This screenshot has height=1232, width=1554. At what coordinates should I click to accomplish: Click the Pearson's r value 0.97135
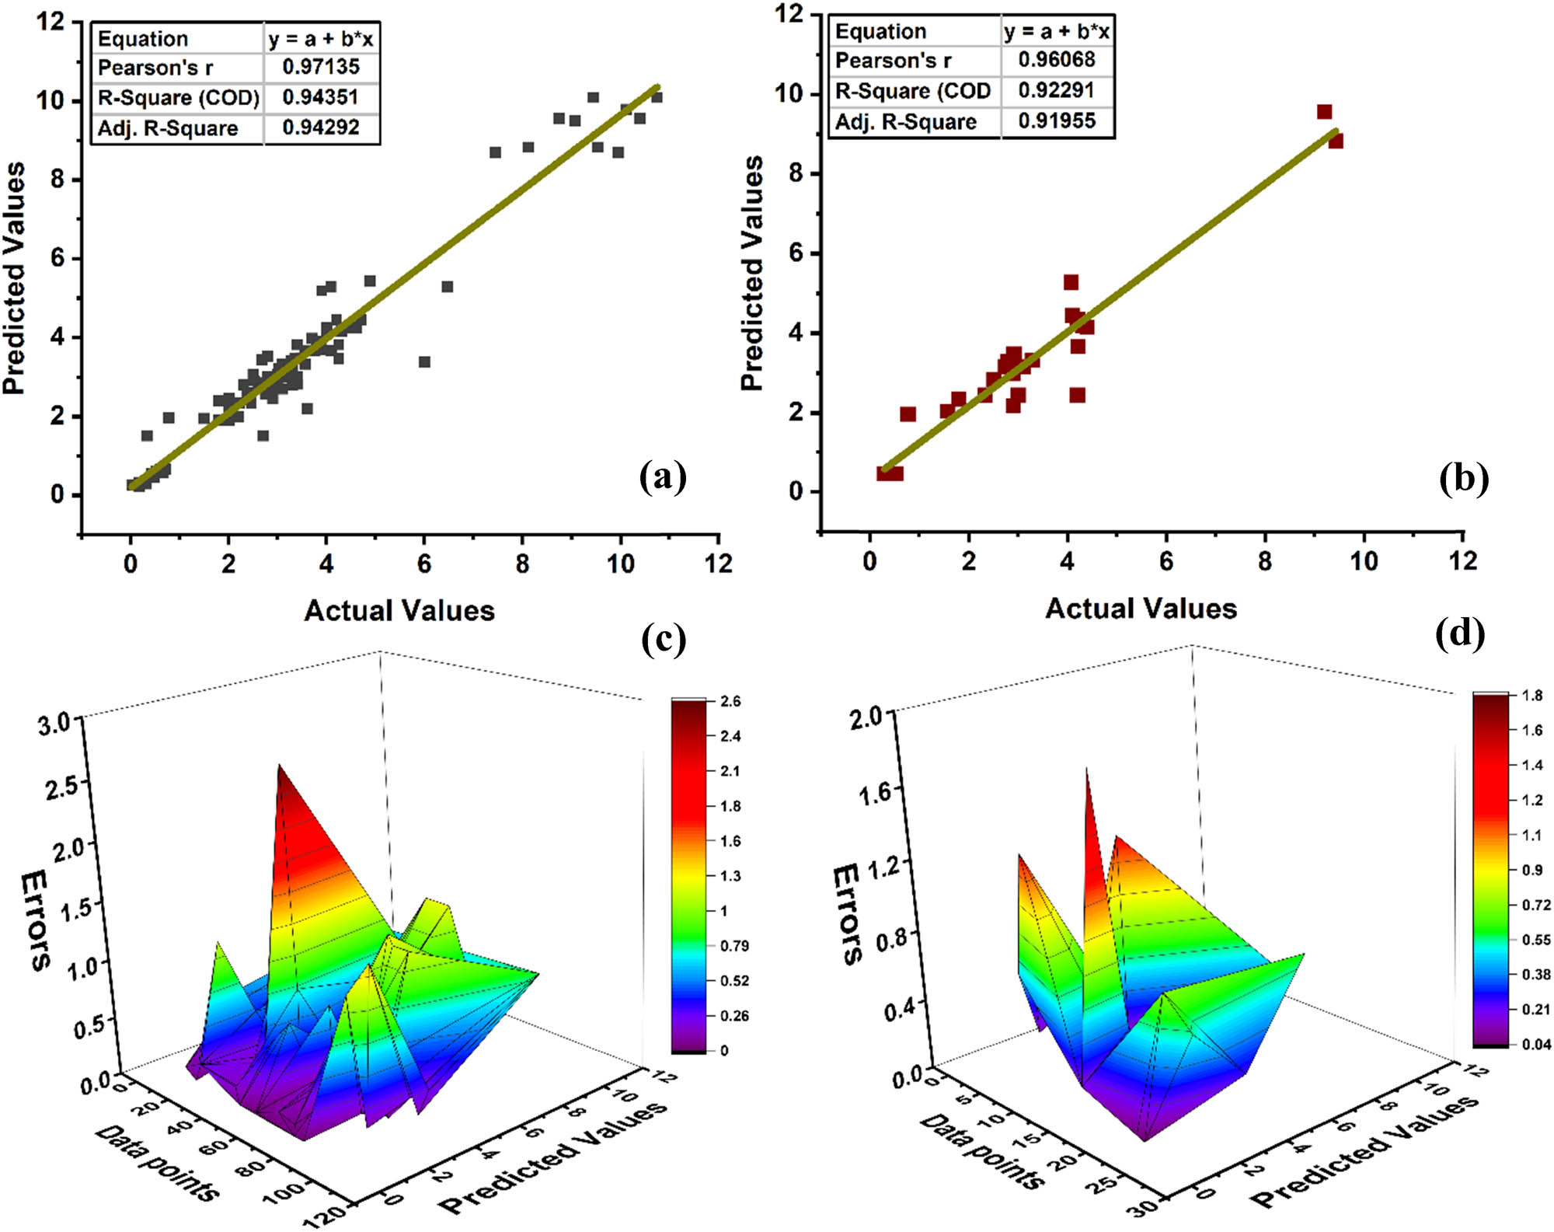pos(321,68)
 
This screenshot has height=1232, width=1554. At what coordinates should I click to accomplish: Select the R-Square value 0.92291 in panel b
pos(1056,91)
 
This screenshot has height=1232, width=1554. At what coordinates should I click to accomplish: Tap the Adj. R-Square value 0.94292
pos(321,128)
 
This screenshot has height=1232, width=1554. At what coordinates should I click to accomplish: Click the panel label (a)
pos(663,476)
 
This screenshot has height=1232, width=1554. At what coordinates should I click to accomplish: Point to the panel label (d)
pos(1460,633)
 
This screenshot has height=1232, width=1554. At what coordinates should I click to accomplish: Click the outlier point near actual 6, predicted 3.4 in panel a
pos(424,362)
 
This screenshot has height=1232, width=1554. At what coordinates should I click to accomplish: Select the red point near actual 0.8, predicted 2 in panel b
pos(908,414)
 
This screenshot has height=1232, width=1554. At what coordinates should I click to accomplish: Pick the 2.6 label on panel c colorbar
pos(730,701)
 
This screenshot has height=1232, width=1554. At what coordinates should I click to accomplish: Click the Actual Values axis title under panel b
pos(1141,609)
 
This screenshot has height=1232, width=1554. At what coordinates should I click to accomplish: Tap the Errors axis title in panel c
pos(36,920)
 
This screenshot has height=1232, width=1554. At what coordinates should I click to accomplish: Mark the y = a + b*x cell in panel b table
pos(1057,32)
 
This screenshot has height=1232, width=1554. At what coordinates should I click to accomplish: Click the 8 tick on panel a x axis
pos(522,564)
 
